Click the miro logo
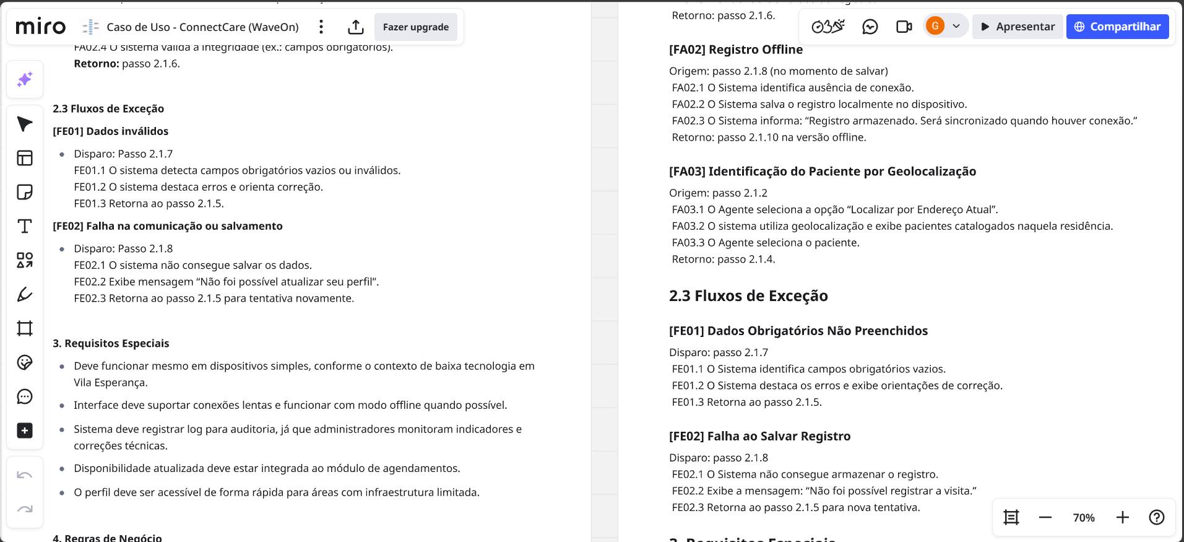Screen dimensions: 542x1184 point(41,27)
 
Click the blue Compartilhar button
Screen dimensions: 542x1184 point(1117,27)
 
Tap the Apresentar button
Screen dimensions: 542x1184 point(1018,27)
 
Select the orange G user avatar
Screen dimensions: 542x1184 point(935,26)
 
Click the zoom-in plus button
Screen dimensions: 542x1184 point(1122,517)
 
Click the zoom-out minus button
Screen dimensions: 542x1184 point(1045,517)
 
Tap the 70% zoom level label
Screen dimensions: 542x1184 point(1083,518)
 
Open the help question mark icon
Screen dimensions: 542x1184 point(1156,517)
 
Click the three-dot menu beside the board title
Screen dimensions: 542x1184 point(321,27)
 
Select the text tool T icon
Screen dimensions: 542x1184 point(25,226)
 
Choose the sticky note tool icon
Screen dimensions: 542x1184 point(25,192)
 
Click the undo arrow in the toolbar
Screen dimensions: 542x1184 point(25,475)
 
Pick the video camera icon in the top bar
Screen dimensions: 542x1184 point(904,27)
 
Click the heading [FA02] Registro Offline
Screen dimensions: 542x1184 point(735,50)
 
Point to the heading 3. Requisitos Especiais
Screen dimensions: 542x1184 point(111,343)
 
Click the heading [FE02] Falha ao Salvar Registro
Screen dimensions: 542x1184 point(759,436)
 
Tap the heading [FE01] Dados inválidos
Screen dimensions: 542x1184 point(111,131)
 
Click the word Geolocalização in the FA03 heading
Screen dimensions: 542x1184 point(931,172)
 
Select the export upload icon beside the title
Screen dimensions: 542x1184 point(355,27)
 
